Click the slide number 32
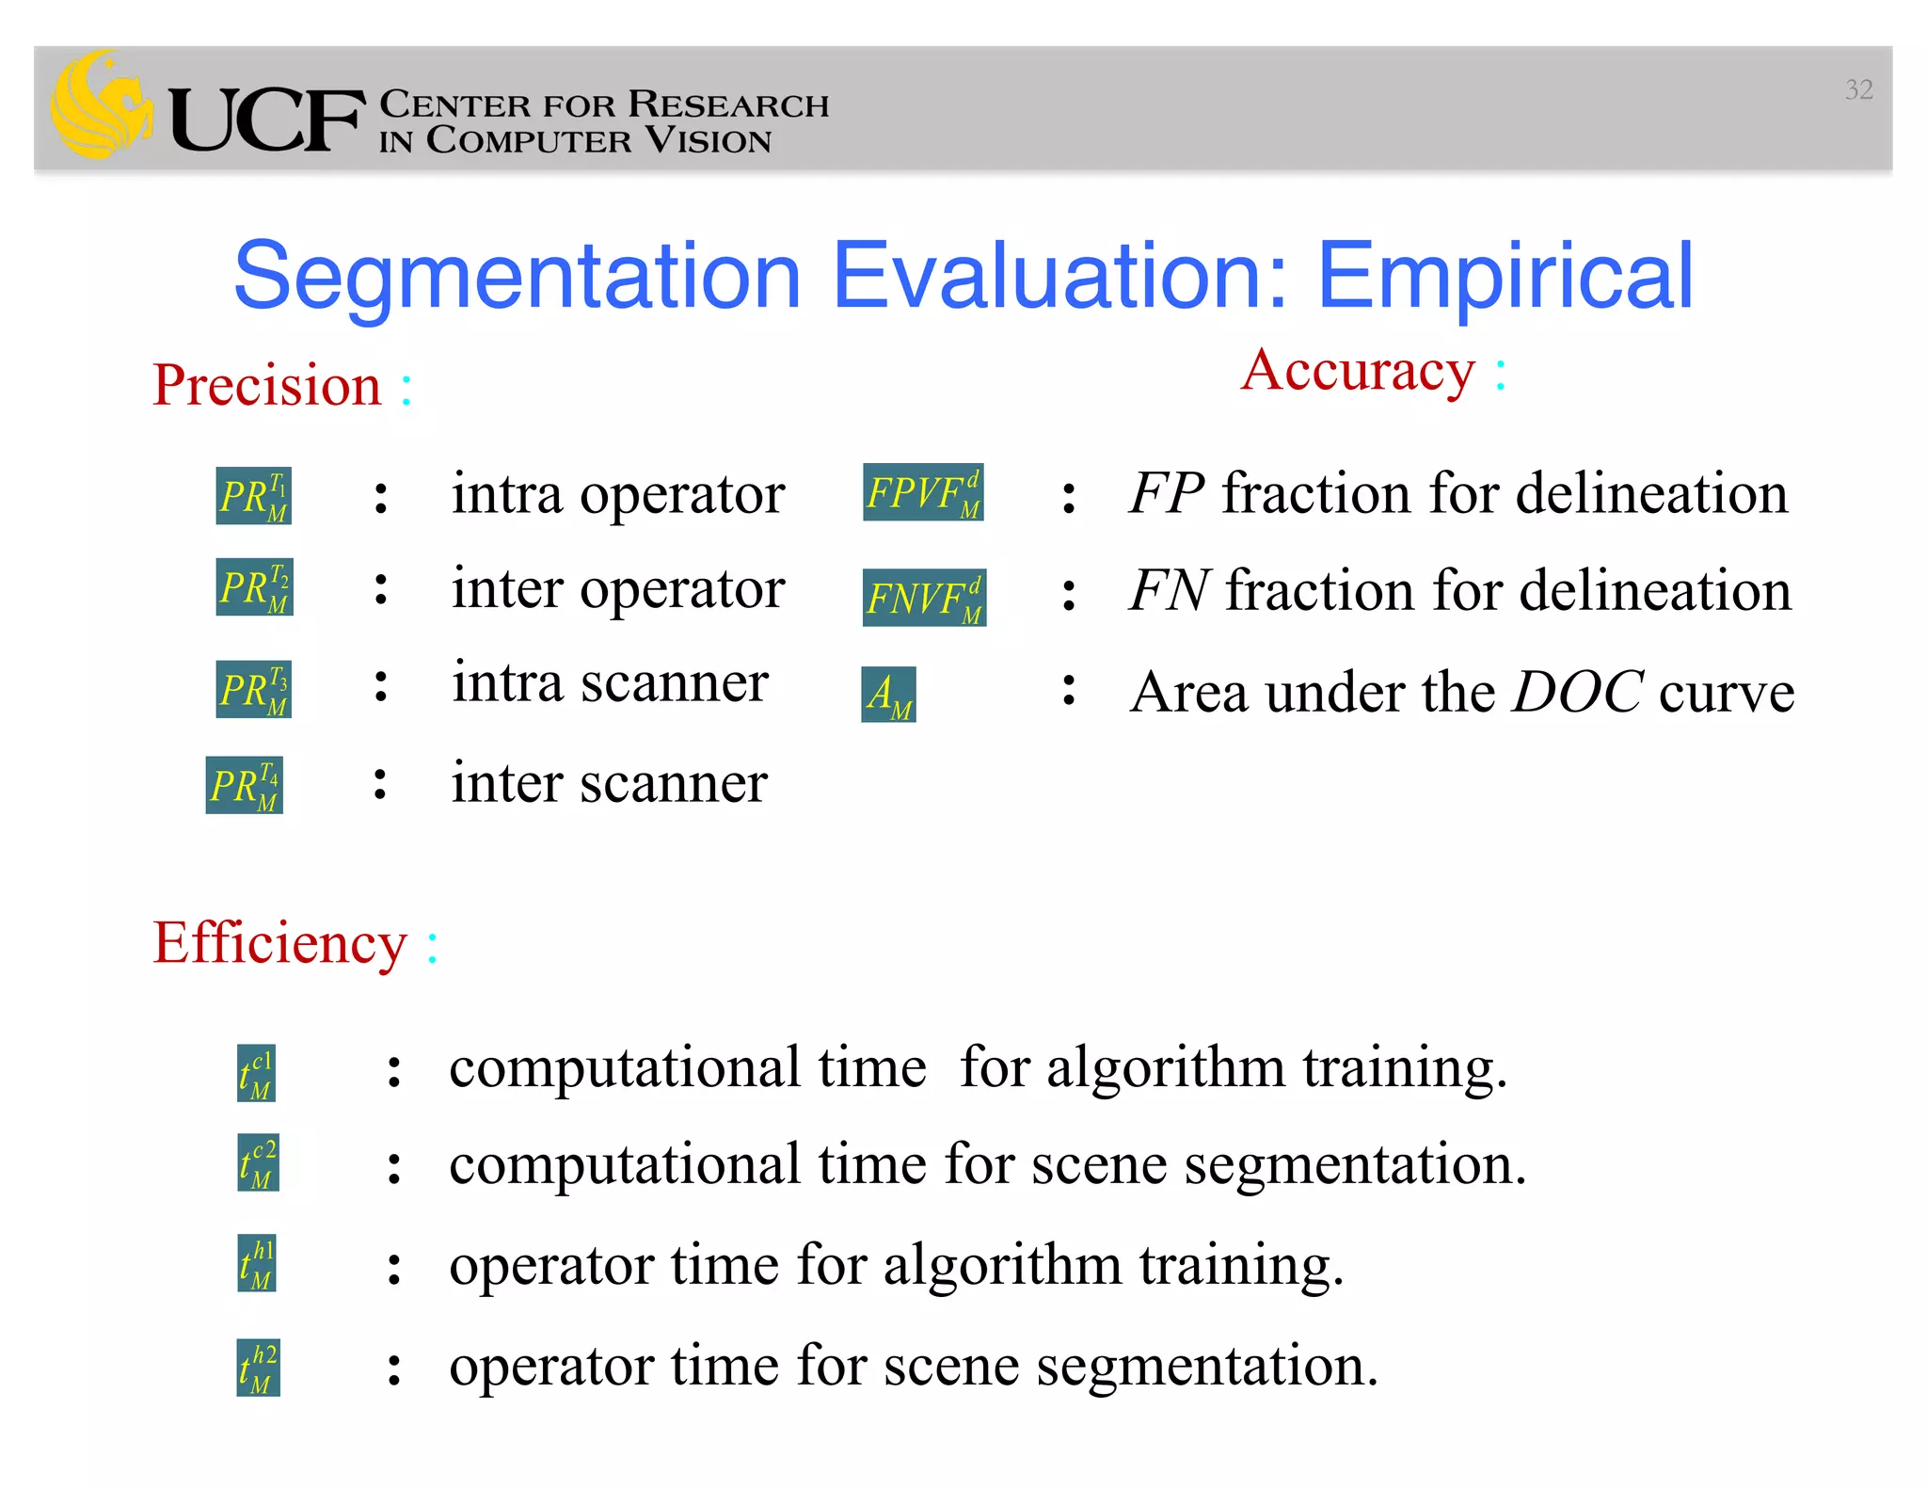pyautogui.click(x=1858, y=89)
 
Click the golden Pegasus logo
pyautogui.click(x=100, y=105)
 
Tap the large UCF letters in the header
pyautogui.click(x=266, y=120)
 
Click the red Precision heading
pyautogui.click(x=267, y=385)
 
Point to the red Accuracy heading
pyautogui.click(x=1358, y=371)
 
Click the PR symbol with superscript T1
pyautogui.click(x=253, y=496)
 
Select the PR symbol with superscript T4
pyautogui.click(x=244, y=786)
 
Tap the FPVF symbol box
pyautogui.click(x=923, y=493)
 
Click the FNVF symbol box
pyautogui.click(x=924, y=599)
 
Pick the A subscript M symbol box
pyautogui.click(x=888, y=696)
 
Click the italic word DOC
pyautogui.click(x=1577, y=693)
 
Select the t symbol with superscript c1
pyautogui.click(x=256, y=1074)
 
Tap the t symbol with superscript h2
pyautogui.click(x=258, y=1369)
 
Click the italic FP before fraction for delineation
pyautogui.click(x=1166, y=493)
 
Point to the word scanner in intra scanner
pyautogui.click(x=674, y=683)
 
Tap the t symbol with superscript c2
pyautogui.click(x=258, y=1163)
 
